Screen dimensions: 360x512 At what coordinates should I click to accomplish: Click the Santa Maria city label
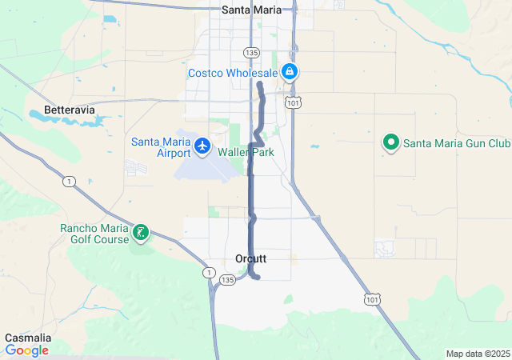pos(250,10)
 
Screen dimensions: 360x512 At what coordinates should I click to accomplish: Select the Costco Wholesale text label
pos(233,73)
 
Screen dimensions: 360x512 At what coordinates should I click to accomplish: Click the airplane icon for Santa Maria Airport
pos(202,146)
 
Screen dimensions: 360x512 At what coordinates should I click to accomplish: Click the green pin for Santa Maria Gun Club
pos(391,143)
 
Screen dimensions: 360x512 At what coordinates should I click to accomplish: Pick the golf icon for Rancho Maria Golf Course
pos(142,234)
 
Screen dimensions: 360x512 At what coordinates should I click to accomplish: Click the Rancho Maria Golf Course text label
pos(94,234)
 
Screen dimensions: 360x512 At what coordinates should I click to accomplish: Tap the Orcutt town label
pos(251,258)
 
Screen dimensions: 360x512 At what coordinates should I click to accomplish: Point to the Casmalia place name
pos(28,338)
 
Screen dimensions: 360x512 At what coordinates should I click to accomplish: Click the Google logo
pos(26,350)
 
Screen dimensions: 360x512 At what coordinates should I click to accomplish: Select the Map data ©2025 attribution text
pos(478,354)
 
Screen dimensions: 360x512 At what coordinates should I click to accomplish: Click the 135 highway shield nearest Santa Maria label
pos(252,52)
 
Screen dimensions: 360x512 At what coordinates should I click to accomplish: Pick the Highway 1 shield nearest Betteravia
pos(70,182)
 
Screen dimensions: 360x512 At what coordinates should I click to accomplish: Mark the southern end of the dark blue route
pos(258,277)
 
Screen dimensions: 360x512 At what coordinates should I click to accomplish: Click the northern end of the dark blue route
pos(261,84)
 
